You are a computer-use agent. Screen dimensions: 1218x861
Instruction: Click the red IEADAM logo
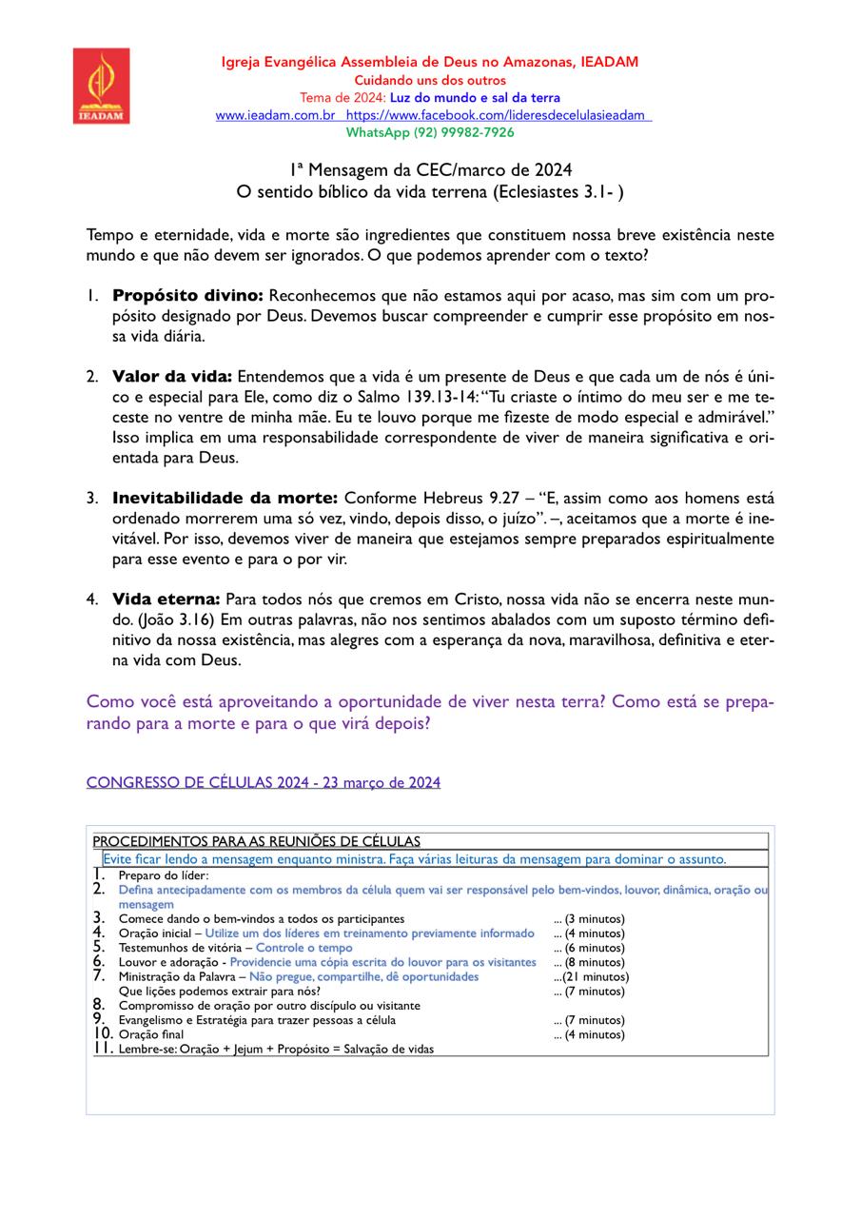pos(101,86)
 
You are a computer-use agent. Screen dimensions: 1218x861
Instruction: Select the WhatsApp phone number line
pos(430,132)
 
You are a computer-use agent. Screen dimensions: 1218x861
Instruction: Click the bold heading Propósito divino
pos(186,295)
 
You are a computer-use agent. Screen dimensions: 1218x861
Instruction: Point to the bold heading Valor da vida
pos(171,376)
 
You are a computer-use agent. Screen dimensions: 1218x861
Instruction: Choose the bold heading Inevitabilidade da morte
pos(225,498)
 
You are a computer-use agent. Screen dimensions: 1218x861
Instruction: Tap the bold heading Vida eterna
pos(166,599)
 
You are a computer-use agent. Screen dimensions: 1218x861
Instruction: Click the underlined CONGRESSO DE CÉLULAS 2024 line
pos(263,782)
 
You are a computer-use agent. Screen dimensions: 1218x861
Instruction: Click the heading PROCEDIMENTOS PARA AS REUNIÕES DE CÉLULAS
pos(257,841)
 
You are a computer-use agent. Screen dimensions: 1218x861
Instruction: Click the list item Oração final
pos(151,1034)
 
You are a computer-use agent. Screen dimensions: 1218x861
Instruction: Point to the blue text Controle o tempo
pos(304,948)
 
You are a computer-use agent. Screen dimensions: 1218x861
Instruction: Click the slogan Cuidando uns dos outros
pos(430,81)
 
